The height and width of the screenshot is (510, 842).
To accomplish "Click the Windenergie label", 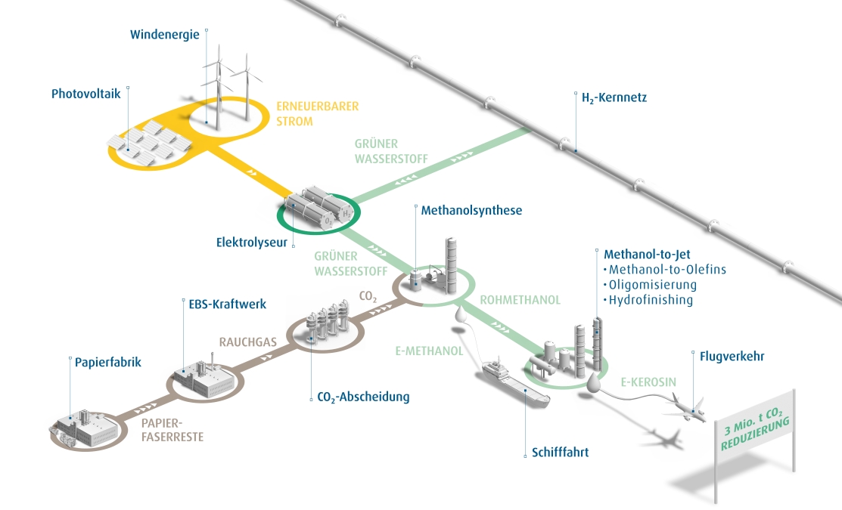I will pos(164,34).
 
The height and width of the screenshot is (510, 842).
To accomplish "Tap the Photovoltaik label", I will pos(85,94).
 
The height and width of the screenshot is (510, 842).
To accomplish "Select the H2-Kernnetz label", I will pos(614,98).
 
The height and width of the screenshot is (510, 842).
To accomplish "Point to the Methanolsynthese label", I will pos(471,210).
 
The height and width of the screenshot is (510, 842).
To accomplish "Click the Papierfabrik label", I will pos(107,362).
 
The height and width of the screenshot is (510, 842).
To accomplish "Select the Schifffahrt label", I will pos(560,453).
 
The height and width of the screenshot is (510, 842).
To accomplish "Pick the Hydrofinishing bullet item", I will pos(651,300).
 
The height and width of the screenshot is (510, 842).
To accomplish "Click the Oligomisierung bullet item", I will pos(652,285).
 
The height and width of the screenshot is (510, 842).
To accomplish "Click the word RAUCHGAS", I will pos(248,342).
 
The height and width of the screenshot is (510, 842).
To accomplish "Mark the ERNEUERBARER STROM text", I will pos(306,114).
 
